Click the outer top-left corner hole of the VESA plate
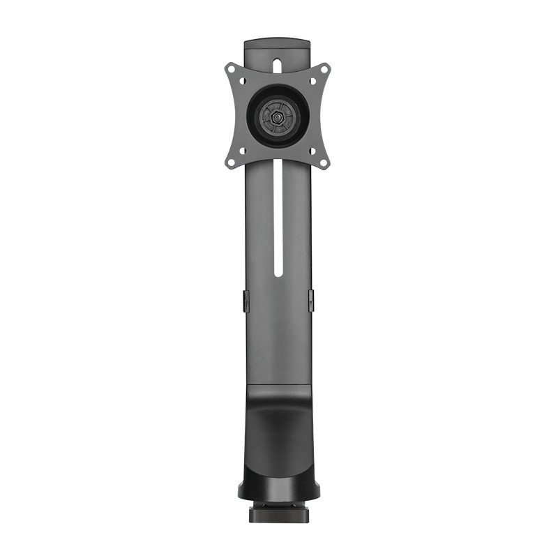(x=231, y=70)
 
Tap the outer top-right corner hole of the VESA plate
(x=324, y=70)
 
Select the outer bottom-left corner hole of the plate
(x=231, y=161)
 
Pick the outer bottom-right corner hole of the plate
(x=324, y=161)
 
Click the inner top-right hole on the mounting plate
(x=312, y=82)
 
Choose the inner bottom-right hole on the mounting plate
(x=312, y=150)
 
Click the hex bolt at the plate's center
(x=278, y=116)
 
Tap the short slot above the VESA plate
(x=278, y=64)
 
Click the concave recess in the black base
(x=278, y=432)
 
